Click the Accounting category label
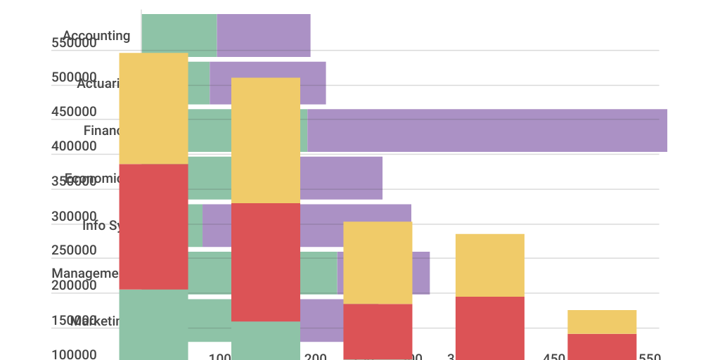coord(96,36)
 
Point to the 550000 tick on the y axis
coord(74,44)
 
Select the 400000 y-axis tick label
coord(74,146)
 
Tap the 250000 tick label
coord(74,250)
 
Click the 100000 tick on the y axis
coord(74,354)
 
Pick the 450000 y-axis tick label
coord(74,112)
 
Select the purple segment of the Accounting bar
coord(264,35)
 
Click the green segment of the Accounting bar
coord(179,32)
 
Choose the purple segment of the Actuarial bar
coord(313,83)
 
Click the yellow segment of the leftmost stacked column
coord(153,108)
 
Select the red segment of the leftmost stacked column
coord(153,226)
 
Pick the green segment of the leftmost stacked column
coord(153,324)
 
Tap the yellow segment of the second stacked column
coord(266,140)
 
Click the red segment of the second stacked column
coord(266,262)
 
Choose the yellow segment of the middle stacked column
coord(378,262)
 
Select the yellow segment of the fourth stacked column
coord(490,265)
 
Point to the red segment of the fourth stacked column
coord(490,328)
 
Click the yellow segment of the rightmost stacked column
coord(602,321)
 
